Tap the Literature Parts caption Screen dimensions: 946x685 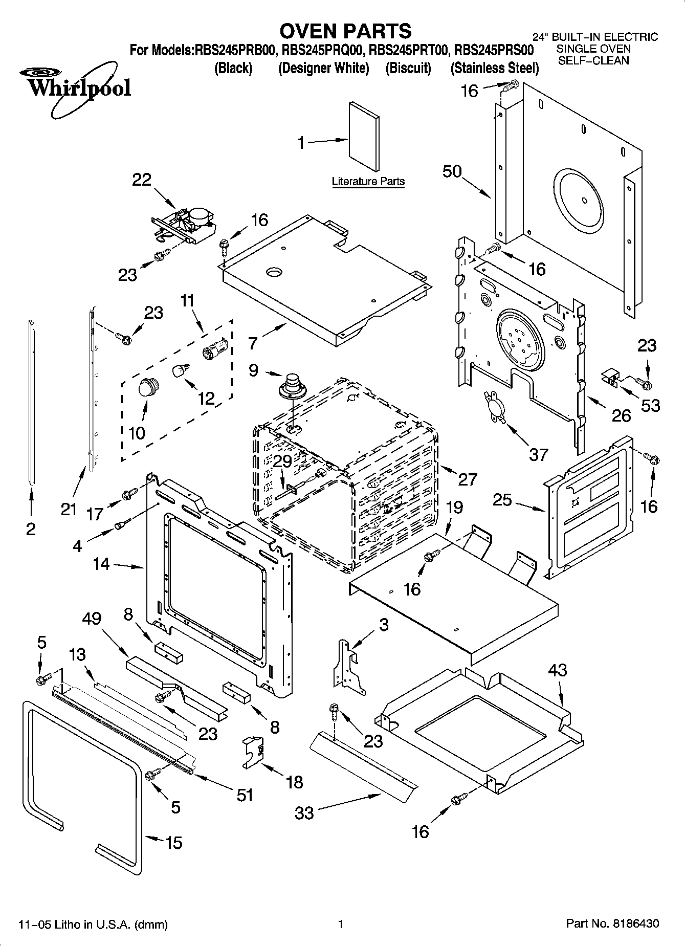tap(368, 181)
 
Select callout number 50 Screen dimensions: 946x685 tap(452, 171)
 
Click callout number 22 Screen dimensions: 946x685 tap(142, 180)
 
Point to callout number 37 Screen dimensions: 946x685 tap(538, 454)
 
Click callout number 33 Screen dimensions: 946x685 tap(304, 812)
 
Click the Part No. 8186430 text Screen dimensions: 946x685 tap(612, 924)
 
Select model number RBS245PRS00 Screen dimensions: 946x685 tap(494, 50)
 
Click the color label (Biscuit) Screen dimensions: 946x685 tap(408, 68)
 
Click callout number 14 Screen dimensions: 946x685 tap(101, 564)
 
